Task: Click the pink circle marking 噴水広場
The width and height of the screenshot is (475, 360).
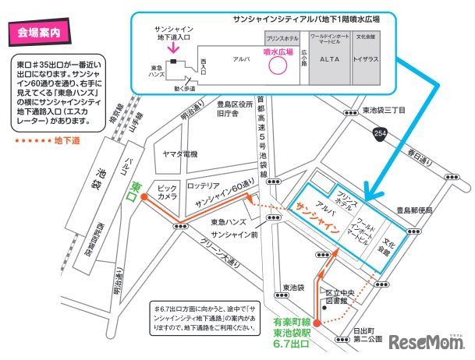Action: click(x=278, y=67)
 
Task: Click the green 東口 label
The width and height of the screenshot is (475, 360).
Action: click(x=137, y=189)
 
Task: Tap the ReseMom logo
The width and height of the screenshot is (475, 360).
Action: click(x=429, y=343)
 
